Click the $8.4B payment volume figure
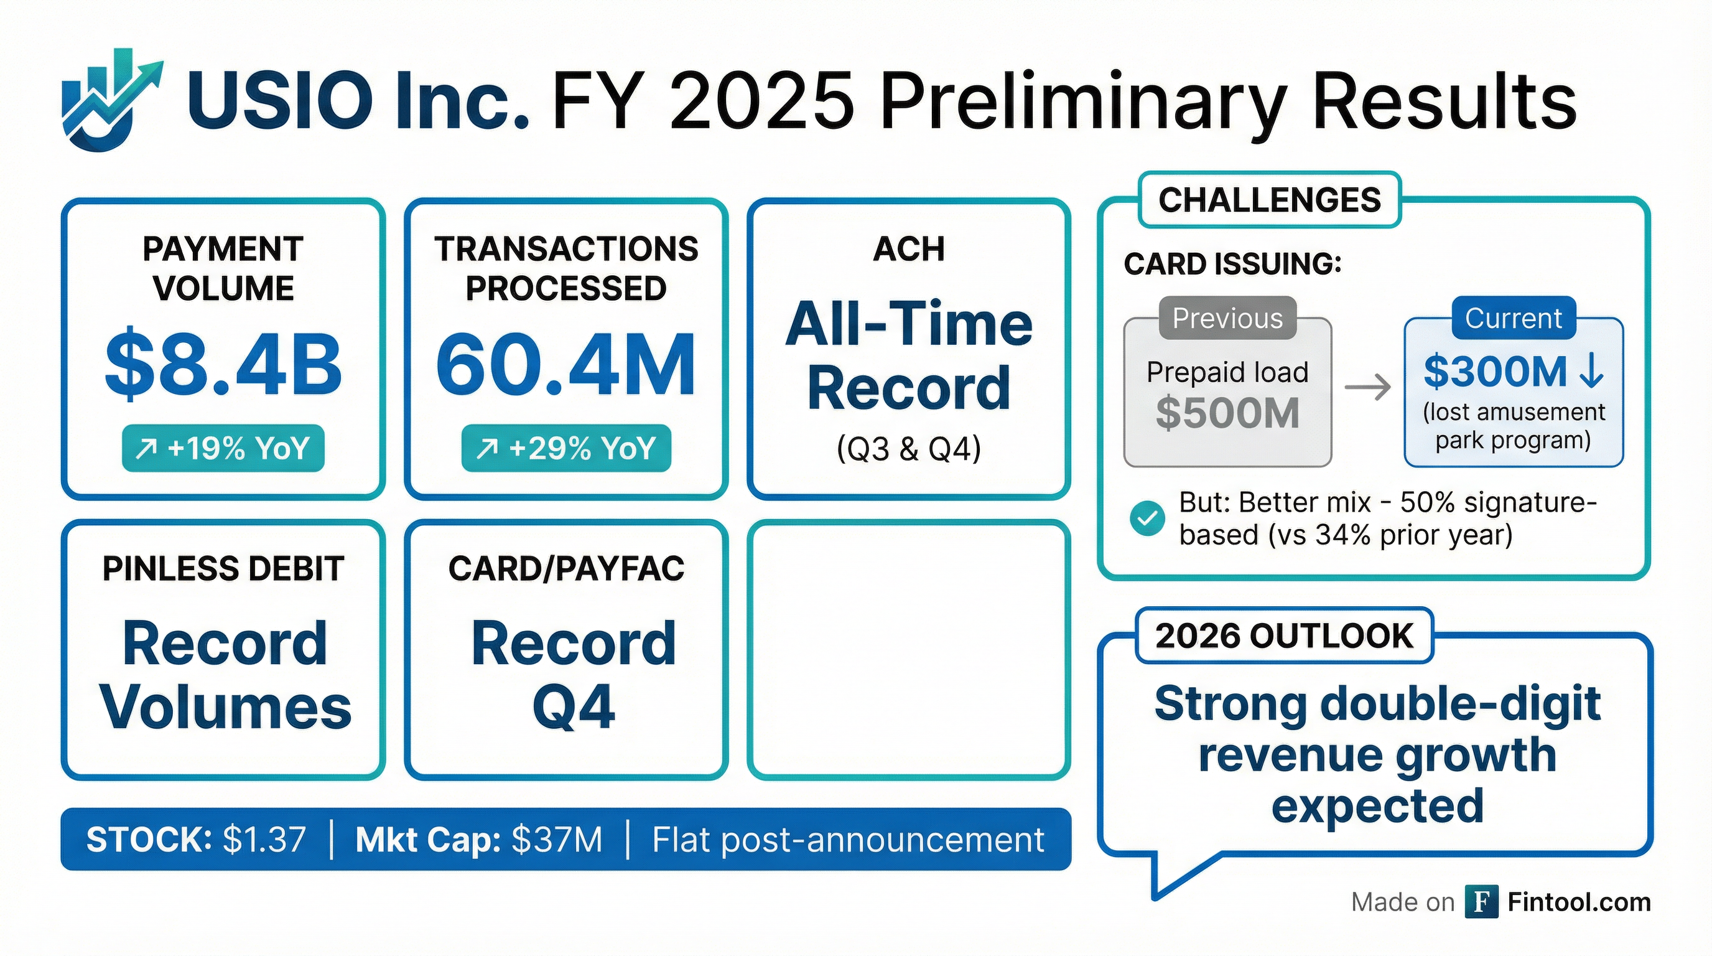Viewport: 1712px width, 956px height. (223, 364)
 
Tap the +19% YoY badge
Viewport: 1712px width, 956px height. (223, 448)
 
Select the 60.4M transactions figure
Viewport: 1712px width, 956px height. (565, 364)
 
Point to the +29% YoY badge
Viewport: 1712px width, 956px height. (566, 448)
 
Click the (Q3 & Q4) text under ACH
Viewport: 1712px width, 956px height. (908, 449)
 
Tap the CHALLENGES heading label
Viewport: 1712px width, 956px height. (1269, 199)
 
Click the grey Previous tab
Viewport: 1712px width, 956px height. (1227, 319)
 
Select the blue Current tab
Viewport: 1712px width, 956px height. (1514, 319)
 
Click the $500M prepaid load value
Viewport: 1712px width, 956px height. (1227, 413)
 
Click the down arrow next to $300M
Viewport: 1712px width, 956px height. (1591, 371)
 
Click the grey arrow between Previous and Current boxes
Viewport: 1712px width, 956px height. (1368, 387)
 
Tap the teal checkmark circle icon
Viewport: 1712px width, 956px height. (1147, 518)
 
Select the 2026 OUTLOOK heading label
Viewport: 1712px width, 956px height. (1284, 635)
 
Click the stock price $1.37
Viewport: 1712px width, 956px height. (264, 839)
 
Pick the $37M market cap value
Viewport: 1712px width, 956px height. (557, 839)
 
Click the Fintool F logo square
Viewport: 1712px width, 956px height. (1481, 902)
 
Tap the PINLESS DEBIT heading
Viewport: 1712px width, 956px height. (223, 569)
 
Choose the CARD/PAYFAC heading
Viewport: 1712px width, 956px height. (566, 569)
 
